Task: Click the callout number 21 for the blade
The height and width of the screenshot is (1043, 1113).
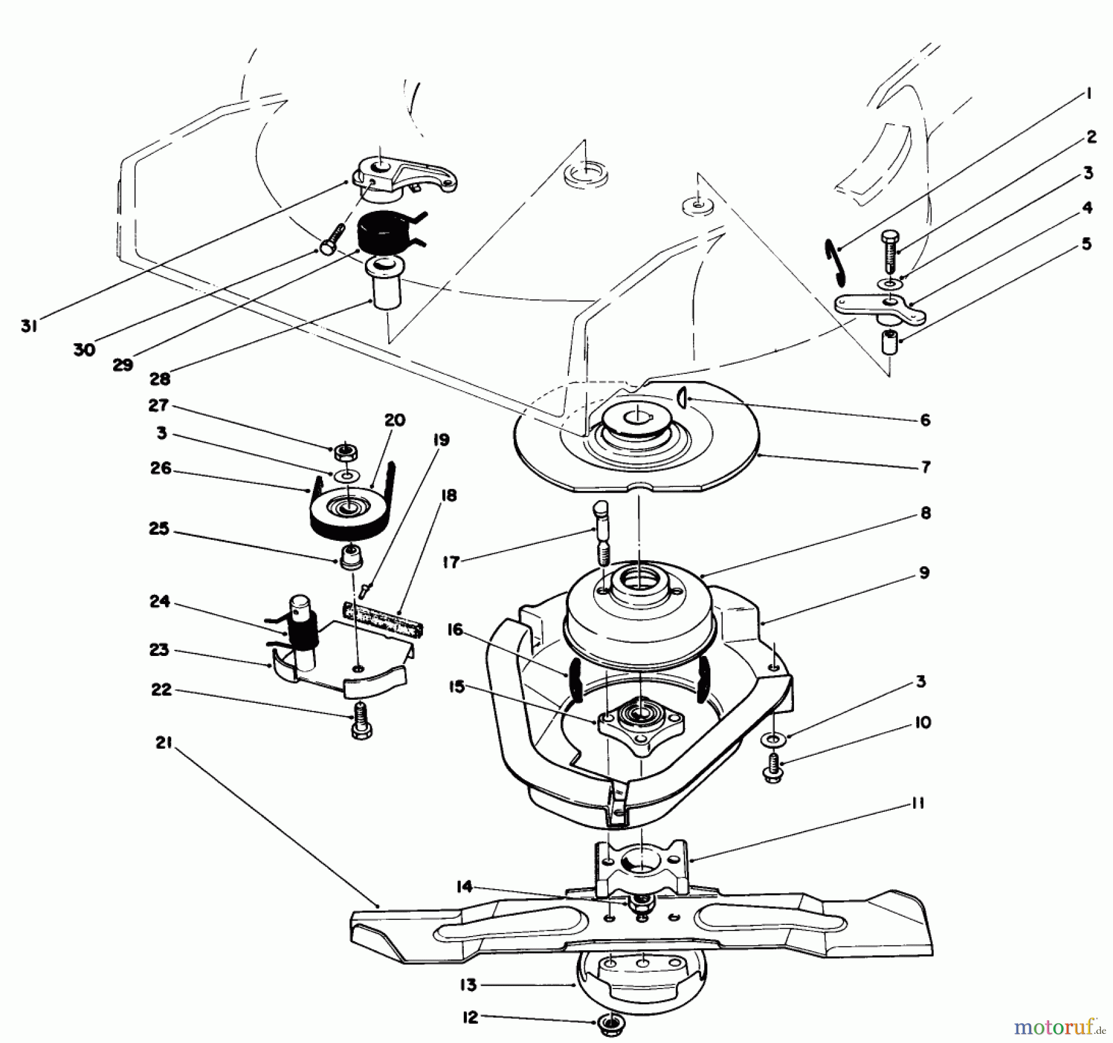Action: (163, 744)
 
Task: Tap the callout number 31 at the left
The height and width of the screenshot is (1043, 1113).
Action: (29, 326)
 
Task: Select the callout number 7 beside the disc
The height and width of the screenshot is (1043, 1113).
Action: (925, 467)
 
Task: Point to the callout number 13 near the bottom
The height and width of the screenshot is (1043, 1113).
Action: (469, 985)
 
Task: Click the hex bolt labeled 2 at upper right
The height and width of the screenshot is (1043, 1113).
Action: (889, 252)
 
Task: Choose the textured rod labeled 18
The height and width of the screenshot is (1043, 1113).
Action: (384, 619)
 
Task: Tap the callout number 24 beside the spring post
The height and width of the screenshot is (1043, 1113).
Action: (160, 602)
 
